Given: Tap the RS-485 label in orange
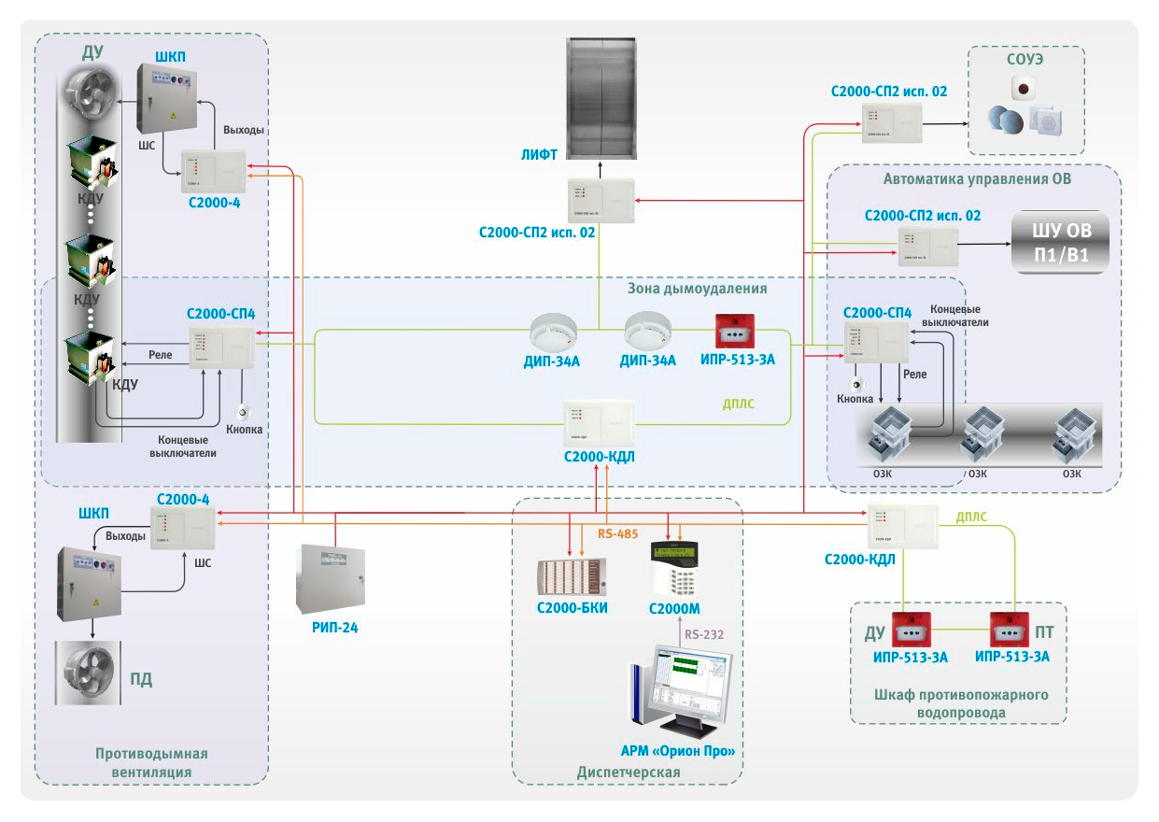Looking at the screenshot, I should (x=617, y=534).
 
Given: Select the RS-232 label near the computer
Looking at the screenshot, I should (x=704, y=634).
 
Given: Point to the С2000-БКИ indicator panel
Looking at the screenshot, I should (x=571, y=574).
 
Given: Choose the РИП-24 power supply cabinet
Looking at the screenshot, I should (x=330, y=578).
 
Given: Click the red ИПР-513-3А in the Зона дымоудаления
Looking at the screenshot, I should (x=735, y=332).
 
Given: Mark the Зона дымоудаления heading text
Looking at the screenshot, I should (x=697, y=289).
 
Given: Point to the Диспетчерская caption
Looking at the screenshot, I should (x=629, y=772).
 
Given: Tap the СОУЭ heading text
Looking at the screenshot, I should (x=1026, y=59).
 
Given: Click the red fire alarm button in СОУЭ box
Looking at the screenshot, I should (x=1025, y=90).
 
